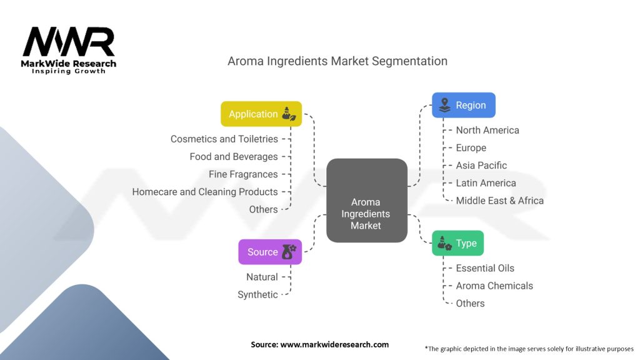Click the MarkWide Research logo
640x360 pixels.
pyautogui.click(x=69, y=50)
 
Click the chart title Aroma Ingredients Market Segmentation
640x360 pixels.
pyautogui.click(x=337, y=61)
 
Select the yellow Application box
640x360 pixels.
pyautogui.click(x=261, y=114)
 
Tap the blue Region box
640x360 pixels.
pyautogui.click(x=464, y=105)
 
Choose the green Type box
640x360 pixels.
pyautogui.click(x=457, y=243)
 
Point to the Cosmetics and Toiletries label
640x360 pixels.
pyautogui.click(x=224, y=139)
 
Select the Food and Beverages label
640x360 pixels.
pyautogui.click(x=234, y=156)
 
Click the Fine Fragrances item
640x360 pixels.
pyautogui.click(x=243, y=174)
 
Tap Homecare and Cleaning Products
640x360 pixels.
pyautogui.click(x=205, y=191)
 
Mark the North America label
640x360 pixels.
pyautogui.click(x=487, y=130)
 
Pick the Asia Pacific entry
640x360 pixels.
pyautogui.click(x=481, y=165)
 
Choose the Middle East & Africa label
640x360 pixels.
pyautogui.click(x=499, y=200)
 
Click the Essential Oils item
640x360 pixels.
pyautogui.click(x=485, y=268)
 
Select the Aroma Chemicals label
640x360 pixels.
pyautogui.click(x=494, y=286)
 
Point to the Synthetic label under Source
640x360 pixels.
pyautogui.click(x=257, y=294)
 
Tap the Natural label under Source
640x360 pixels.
pyautogui.click(x=262, y=277)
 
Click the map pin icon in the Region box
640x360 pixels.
pyautogui.click(x=445, y=105)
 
